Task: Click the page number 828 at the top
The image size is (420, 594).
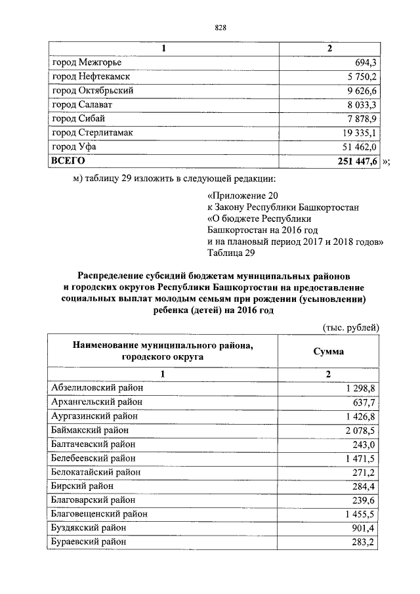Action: tap(220, 27)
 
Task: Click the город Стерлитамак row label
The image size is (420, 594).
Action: tap(93, 133)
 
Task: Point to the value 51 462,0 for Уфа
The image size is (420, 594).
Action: tap(358, 146)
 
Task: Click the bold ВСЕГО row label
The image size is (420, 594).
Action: tap(68, 160)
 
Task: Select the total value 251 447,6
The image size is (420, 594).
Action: tap(356, 161)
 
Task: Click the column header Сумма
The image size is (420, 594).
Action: tap(329, 351)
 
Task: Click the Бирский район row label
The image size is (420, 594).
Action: tap(82, 486)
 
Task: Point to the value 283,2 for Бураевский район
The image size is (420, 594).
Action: tap(365, 542)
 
